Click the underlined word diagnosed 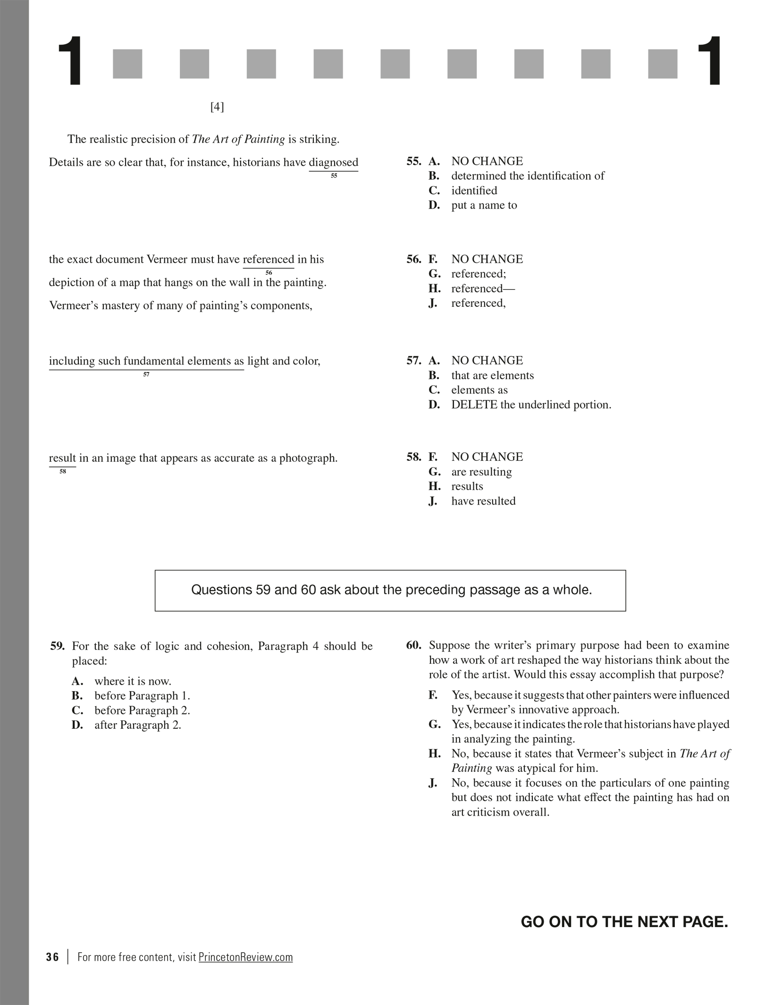click(x=333, y=162)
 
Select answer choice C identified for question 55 click(x=474, y=191)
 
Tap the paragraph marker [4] click(x=217, y=107)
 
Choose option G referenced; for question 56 click(x=478, y=274)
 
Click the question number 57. click(x=413, y=361)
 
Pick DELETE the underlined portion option click(x=530, y=405)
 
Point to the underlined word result click(x=62, y=458)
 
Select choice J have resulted click(x=483, y=501)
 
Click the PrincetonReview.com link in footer click(x=245, y=957)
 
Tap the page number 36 click(x=52, y=957)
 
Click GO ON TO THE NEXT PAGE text click(x=624, y=921)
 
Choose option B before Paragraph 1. click(x=142, y=696)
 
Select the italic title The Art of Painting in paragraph click(x=238, y=139)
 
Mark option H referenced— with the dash click(x=483, y=288)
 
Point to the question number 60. click(x=413, y=645)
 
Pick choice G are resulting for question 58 click(x=481, y=472)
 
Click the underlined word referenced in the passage click(x=268, y=259)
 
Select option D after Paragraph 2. click(x=137, y=725)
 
